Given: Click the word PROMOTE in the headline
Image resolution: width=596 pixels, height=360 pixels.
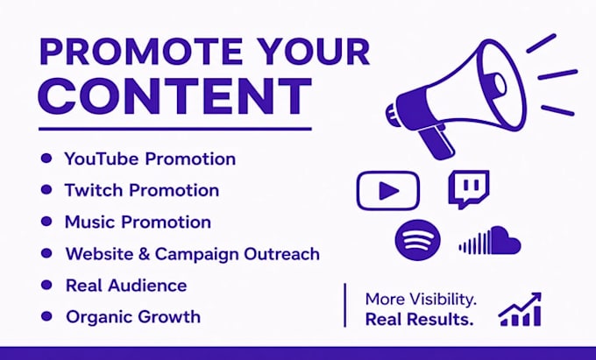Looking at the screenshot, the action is [141, 52].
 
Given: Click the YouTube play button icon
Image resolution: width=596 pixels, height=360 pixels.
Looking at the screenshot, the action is [388, 191].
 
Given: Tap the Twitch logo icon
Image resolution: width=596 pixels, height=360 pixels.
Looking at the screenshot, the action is [469, 188].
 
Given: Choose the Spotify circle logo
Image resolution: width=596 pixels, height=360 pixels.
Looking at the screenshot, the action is [418, 240].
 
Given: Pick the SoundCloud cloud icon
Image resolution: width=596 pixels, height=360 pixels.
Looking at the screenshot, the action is [490, 241].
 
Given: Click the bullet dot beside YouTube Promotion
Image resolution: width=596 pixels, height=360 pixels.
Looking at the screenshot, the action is [46, 158].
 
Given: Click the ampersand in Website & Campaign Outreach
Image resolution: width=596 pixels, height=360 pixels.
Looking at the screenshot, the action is [144, 254].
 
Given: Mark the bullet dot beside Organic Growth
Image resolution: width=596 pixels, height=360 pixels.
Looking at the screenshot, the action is [46, 316].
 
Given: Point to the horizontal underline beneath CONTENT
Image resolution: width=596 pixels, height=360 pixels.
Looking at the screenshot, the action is [174, 129].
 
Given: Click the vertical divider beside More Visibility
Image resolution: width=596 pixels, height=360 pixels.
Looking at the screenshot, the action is [344, 305].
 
